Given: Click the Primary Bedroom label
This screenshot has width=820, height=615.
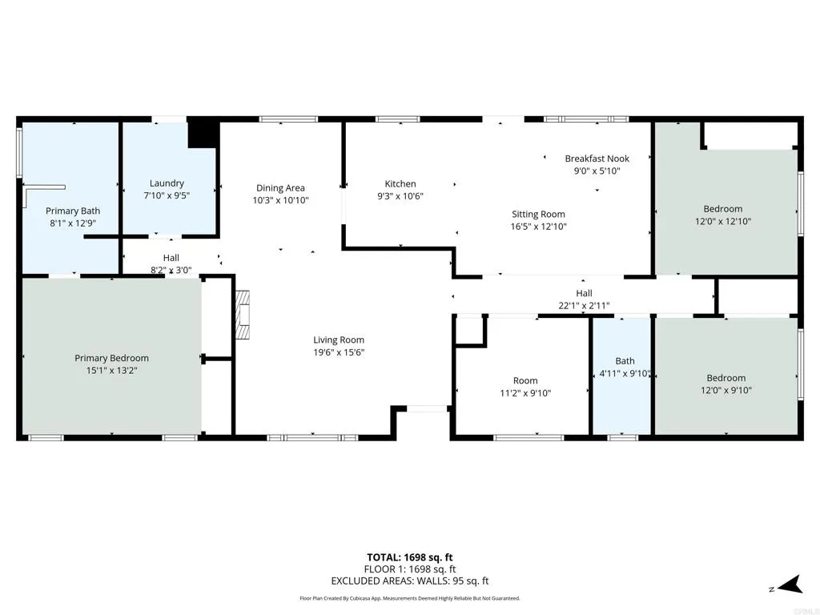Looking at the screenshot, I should (111, 358).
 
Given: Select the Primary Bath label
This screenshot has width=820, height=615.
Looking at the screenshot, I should (72, 211).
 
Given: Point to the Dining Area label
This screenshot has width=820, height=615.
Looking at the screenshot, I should (280, 188).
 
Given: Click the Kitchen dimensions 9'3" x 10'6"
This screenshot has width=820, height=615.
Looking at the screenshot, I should (400, 196).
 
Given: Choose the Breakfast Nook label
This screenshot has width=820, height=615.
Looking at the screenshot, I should (597, 159).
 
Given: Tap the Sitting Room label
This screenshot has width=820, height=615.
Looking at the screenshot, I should (538, 214).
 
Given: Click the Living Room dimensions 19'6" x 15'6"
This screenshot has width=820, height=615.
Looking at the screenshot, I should (339, 352).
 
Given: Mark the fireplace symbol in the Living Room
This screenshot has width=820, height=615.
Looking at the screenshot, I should (243, 316).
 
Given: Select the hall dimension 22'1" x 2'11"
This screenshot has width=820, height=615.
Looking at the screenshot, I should (584, 305).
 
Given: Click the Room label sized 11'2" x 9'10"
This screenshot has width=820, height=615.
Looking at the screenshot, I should (525, 380).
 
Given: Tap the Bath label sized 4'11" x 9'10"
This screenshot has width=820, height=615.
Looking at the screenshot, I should (625, 361).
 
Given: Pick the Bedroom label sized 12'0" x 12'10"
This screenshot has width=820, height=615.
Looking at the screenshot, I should (723, 209).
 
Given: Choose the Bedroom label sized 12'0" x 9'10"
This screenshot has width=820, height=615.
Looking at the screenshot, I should (726, 378).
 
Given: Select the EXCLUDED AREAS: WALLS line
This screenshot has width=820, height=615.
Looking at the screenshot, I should (410, 581).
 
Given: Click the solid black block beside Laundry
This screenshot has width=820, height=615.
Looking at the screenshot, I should (203, 134).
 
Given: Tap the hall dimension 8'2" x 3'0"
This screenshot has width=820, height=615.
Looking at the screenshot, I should (171, 270).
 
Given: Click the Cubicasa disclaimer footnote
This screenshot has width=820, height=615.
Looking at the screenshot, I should (410, 598).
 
